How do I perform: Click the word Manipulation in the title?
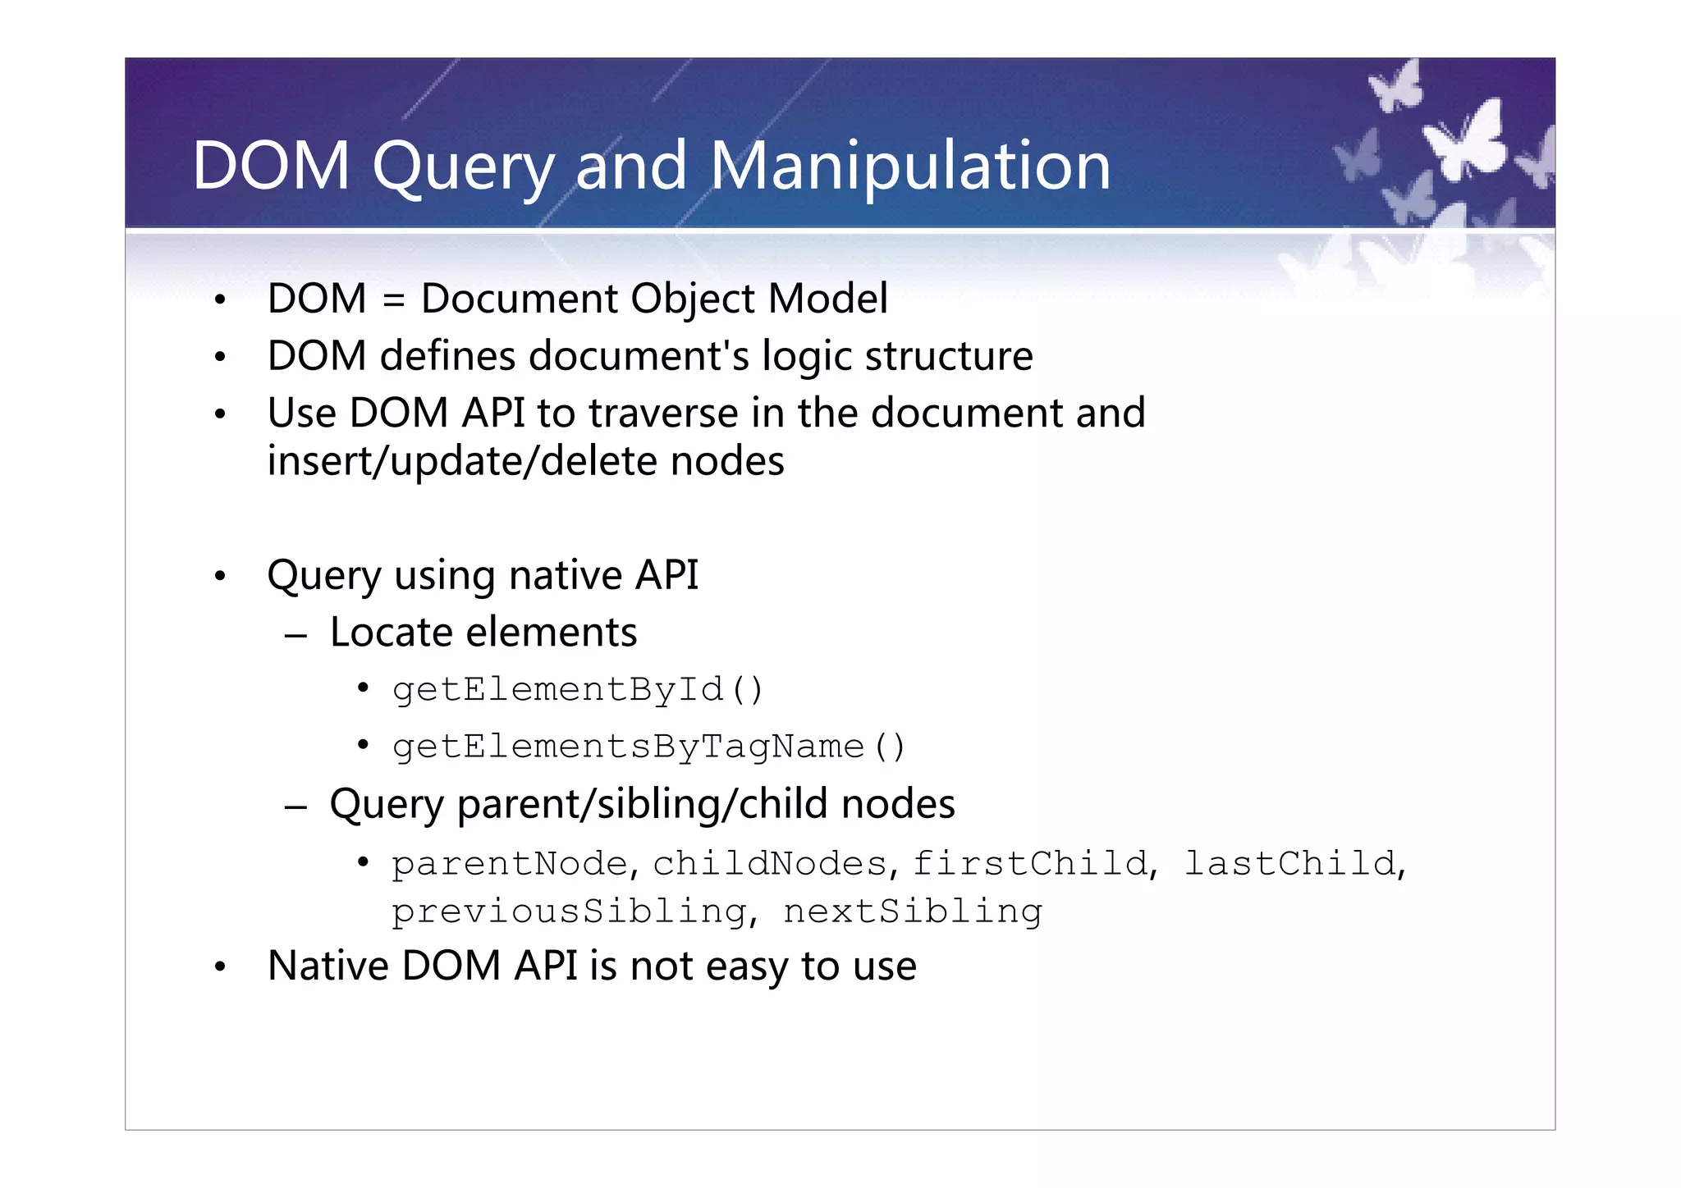tap(909, 167)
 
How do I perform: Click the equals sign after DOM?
tap(393, 299)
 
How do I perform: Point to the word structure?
tap(948, 356)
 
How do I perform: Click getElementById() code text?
tap(578, 689)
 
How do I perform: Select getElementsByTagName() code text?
tap(648, 747)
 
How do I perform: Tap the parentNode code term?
tap(509, 863)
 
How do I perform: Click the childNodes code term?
tap(770, 863)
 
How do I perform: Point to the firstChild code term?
tap(1030, 863)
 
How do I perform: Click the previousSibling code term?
tap(569, 912)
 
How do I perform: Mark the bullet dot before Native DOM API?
tap(219, 967)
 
